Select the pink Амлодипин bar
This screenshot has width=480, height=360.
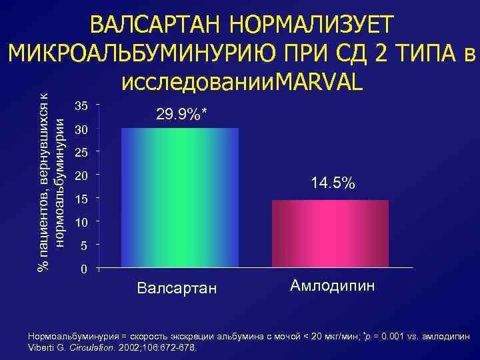[x=330, y=234]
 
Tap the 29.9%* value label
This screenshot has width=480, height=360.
[x=181, y=115]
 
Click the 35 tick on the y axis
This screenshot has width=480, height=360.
[x=81, y=105]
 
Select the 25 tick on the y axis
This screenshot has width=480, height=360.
[x=81, y=153]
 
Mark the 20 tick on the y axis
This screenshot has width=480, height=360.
[x=81, y=177]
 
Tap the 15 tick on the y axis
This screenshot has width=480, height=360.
[x=81, y=199]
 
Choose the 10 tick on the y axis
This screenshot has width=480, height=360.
[x=81, y=222]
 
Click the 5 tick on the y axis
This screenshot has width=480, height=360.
[x=83, y=246]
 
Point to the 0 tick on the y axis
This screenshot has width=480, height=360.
[x=83, y=269]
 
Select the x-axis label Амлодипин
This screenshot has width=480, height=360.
[x=333, y=287]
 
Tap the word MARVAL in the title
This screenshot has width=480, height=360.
[x=319, y=81]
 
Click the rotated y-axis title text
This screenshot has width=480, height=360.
[x=51, y=180]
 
